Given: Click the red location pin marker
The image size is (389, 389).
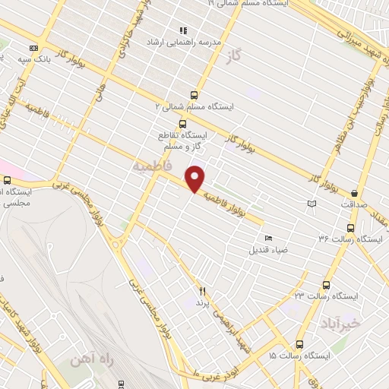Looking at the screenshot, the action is coord(195,179).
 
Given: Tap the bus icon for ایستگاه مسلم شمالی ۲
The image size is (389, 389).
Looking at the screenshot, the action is coord(194,95).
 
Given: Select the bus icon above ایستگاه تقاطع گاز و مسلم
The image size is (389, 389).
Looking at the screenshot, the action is coord(182,124).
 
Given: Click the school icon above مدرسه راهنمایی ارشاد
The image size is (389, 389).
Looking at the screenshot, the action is coord(183,30).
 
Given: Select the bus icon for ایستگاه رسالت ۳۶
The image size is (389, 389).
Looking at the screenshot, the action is coord(350,227).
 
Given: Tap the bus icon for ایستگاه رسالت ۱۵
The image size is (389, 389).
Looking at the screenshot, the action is coord(299,343).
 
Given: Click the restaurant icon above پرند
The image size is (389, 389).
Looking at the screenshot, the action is coord(202,291).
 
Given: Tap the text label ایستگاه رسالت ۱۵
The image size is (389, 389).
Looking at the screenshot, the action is coord(301,356).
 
